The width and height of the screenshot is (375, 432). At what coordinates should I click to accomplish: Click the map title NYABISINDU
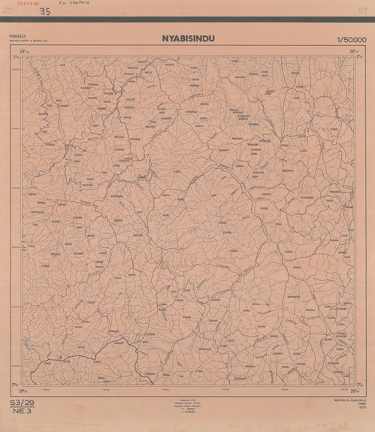click(x=187, y=38)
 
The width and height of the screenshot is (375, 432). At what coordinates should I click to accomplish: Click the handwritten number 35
click(x=45, y=11)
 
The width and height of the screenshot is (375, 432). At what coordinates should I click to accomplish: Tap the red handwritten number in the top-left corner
click(x=14, y=5)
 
